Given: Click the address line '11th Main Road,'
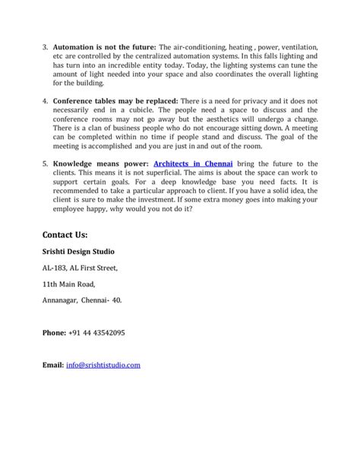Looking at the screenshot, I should pyautogui.click(x=69, y=284).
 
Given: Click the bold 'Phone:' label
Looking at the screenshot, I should pyautogui.click(x=55, y=332).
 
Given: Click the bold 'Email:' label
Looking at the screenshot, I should pyautogui.click(x=53, y=365).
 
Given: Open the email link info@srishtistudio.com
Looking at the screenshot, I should pyautogui.click(x=103, y=365).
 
